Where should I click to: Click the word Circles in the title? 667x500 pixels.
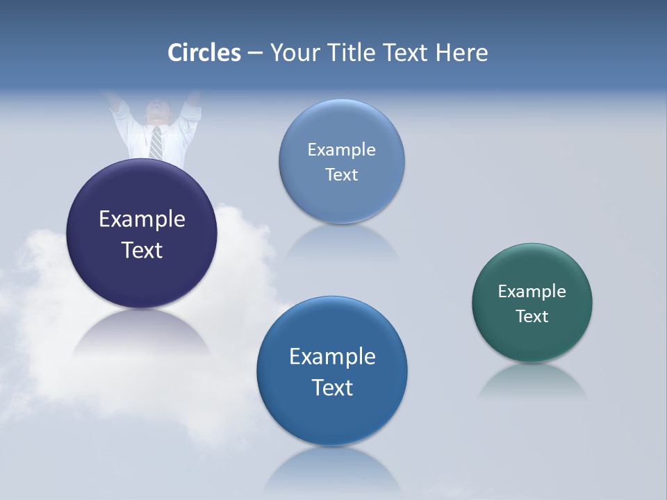[x=204, y=53]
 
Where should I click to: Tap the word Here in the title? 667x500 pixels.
[x=461, y=53]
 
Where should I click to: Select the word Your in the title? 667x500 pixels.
[x=293, y=53]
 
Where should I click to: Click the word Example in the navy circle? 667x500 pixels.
[x=142, y=219]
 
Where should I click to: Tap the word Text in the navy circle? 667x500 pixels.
[x=142, y=250]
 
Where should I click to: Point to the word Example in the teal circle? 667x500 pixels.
[x=532, y=292]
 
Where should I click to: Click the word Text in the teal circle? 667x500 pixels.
[x=532, y=317]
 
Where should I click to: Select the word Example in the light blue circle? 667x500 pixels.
[x=341, y=150]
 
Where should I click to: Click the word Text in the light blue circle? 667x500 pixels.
[x=341, y=175]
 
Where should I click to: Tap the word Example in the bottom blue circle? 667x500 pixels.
[x=332, y=357]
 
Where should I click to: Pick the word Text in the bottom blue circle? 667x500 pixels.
[x=332, y=387]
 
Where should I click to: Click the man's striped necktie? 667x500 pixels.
[x=156, y=143]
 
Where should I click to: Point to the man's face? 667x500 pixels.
[x=157, y=111]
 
